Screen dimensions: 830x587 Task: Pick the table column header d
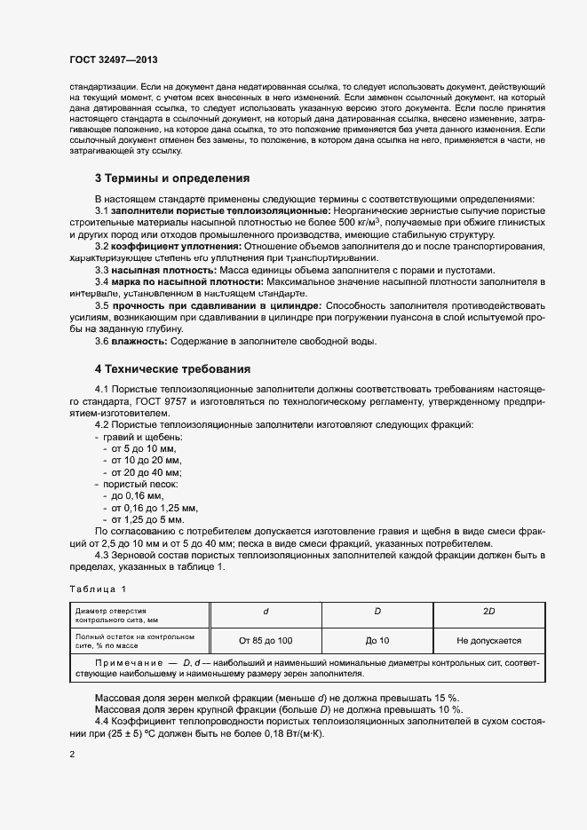point(266,613)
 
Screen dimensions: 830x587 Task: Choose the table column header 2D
point(488,613)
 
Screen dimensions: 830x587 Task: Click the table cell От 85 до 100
point(266,639)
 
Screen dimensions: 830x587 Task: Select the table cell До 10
point(377,639)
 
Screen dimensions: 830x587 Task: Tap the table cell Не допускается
point(488,639)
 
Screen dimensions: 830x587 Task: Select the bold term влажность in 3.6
point(138,342)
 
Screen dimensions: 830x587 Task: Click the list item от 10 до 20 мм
point(142,461)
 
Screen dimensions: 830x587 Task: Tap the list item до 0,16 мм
point(133,495)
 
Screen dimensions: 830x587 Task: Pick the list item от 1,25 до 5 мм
point(144,518)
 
